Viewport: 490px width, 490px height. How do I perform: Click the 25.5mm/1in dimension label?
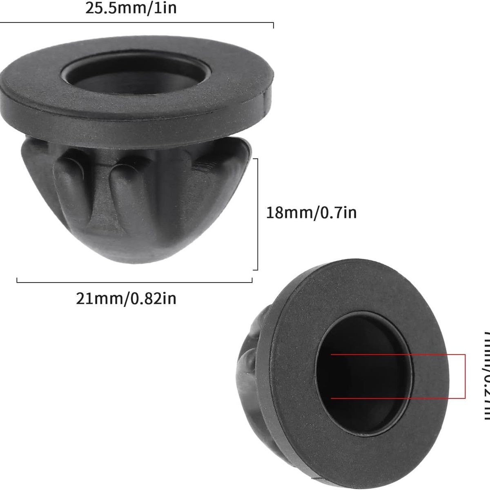point(131,8)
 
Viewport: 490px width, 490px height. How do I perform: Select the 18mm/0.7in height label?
point(311,213)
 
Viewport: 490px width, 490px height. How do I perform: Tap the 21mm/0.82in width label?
point(126,298)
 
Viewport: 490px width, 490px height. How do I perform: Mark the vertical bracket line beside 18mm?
point(257,214)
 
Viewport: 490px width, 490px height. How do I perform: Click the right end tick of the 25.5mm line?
point(273,25)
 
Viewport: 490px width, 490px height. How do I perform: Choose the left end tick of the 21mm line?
point(17,280)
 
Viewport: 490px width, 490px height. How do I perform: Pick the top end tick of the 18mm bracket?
point(255,159)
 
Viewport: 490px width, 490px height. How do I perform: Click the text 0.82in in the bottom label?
point(153,298)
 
